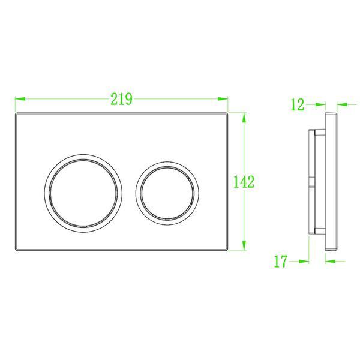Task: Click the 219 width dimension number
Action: click(122, 99)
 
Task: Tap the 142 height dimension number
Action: click(244, 182)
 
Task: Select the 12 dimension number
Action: click(298, 104)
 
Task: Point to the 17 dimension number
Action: click(281, 261)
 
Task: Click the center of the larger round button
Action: click(83, 193)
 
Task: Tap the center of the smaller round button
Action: click(167, 193)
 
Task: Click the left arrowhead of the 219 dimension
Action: click(20, 99)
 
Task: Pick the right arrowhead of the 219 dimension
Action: click(223, 99)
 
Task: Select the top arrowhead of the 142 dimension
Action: click(244, 118)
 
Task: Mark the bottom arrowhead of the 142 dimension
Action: click(244, 245)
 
